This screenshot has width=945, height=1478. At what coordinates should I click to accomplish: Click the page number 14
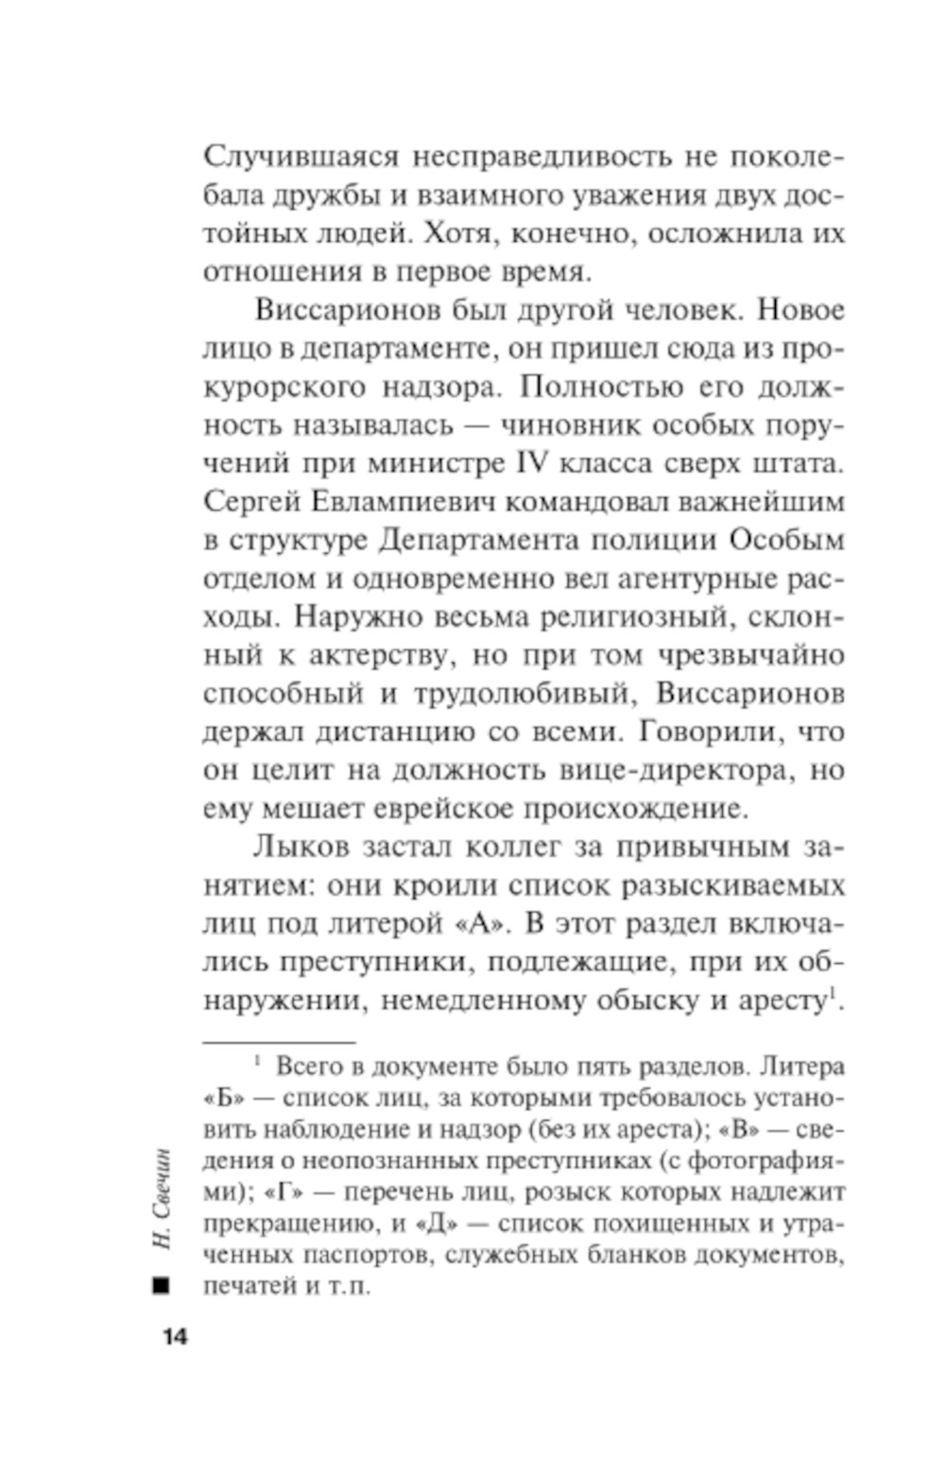175,1337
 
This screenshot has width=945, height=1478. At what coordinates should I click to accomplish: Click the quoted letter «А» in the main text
476,924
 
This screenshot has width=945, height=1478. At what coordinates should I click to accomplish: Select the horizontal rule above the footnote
279,1040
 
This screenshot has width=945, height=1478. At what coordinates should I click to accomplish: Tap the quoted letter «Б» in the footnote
218,1099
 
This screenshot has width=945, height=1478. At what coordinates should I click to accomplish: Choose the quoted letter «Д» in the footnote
438,1225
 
